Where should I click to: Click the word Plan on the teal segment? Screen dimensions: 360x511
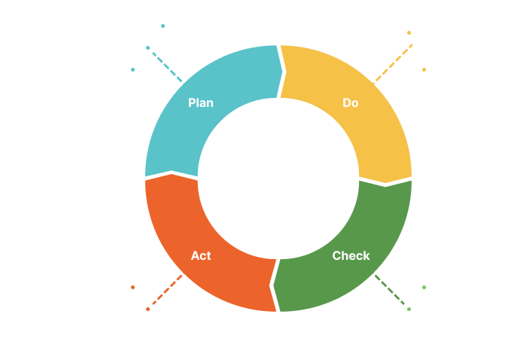pyautogui.click(x=201, y=103)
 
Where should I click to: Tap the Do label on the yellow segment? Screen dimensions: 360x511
pyautogui.click(x=351, y=103)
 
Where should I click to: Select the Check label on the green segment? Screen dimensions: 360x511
pyautogui.click(x=351, y=255)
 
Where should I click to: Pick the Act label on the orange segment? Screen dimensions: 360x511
pyautogui.click(x=201, y=255)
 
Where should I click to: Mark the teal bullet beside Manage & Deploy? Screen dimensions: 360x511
pyautogui.click(x=163, y=26)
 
